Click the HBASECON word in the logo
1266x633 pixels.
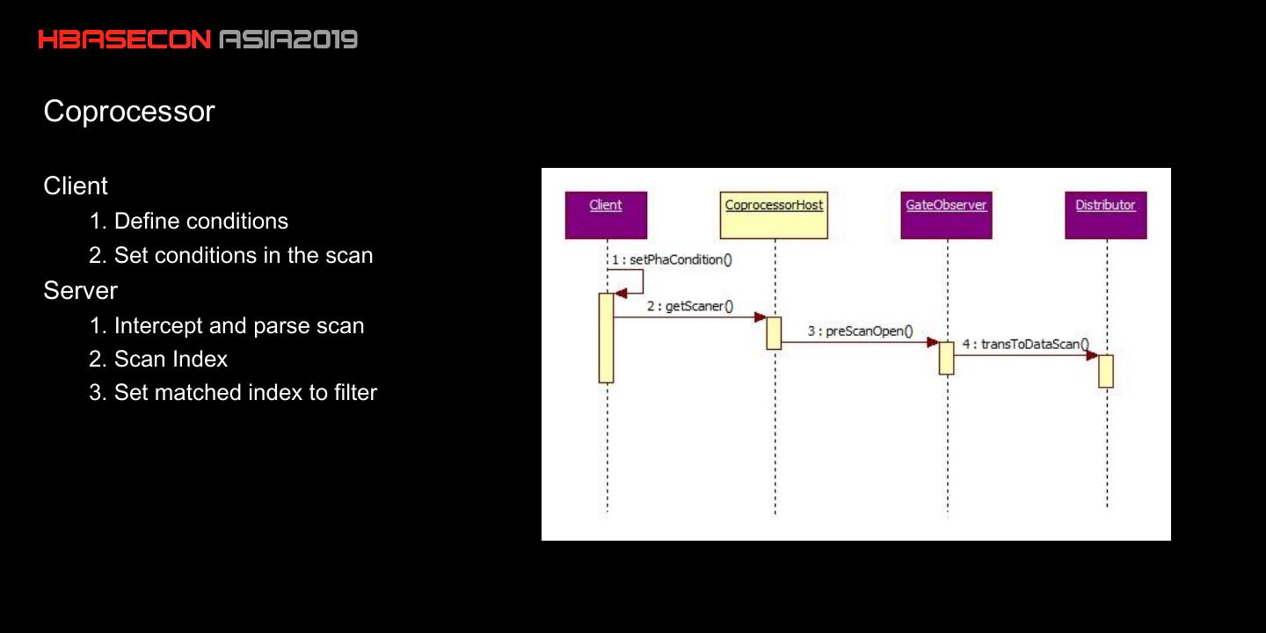[x=124, y=40]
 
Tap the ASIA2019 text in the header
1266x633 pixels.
[x=288, y=40]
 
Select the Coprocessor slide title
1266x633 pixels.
[x=129, y=112]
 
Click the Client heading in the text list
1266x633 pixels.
[x=76, y=186]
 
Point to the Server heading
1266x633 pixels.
[x=80, y=290]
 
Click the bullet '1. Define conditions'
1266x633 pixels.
[x=188, y=221]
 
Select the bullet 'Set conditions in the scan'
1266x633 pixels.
[x=231, y=256]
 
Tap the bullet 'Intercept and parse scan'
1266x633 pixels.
[x=227, y=325]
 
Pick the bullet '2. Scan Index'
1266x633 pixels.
[x=158, y=360]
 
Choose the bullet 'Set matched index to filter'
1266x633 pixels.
[x=233, y=392]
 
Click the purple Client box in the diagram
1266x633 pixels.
[x=606, y=215]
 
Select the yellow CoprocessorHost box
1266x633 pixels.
[x=774, y=215]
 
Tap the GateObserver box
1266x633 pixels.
[x=946, y=215]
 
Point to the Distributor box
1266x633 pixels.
[x=1105, y=215]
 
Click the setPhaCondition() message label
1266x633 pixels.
[x=673, y=259]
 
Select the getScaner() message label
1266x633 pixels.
[x=690, y=306]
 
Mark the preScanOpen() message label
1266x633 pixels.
[x=860, y=331]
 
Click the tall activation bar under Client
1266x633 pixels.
[x=606, y=338]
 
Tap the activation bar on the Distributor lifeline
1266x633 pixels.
[x=1106, y=371]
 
